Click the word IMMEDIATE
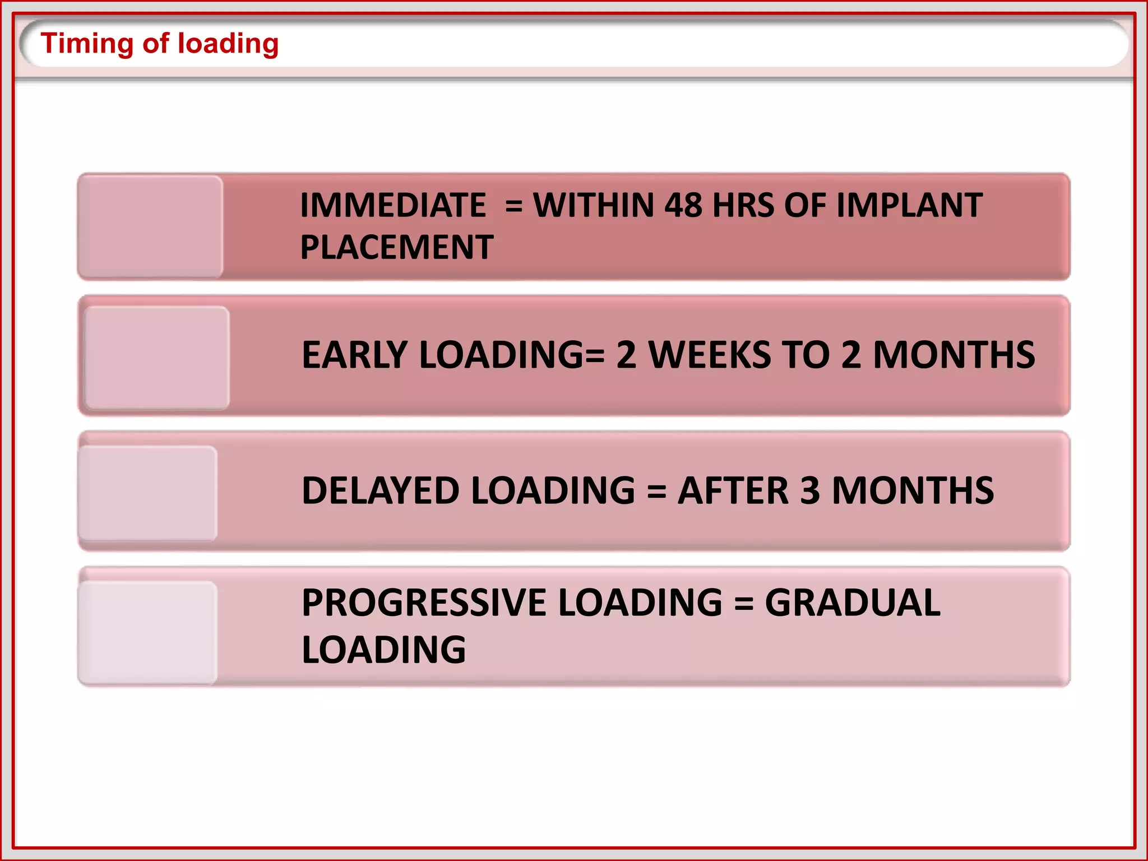tap(393, 205)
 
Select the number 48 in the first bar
tap(683, 205)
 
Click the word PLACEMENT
tap(397, 247)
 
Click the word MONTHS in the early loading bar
tap(953, 355)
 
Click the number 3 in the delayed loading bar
tap(809, 490)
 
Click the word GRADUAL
tap(853, 603)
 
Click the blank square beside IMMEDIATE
tap(150, 226)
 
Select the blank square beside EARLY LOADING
tap(156, 358)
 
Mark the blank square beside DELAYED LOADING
tap(148, 493)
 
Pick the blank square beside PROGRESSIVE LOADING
tap(148, 632)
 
